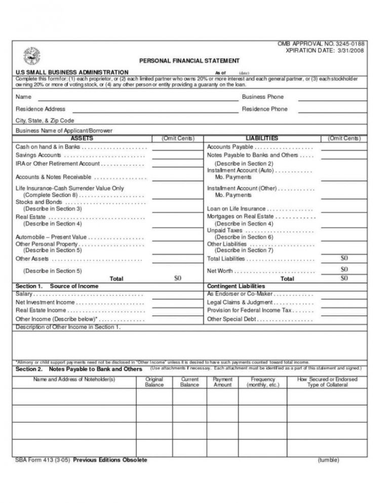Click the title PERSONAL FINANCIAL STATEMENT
click(189, 61)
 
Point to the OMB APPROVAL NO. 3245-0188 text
click(320, 44)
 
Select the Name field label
click(23, 97)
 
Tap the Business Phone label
click(262, 97)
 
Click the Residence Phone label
click(264, 109)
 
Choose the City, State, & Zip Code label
click(45, 121)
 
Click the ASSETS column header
click(82, 138)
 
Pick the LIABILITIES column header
click(261, 138)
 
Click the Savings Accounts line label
click(38, 155)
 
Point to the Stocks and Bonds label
click(38, 202)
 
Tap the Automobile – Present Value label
click(51, 237)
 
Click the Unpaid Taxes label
click(225, 230)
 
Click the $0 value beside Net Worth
click(344, 270)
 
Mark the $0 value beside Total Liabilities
click(344, 258)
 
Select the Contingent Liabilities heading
click(236, 286)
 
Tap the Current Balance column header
click(189, 382)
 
